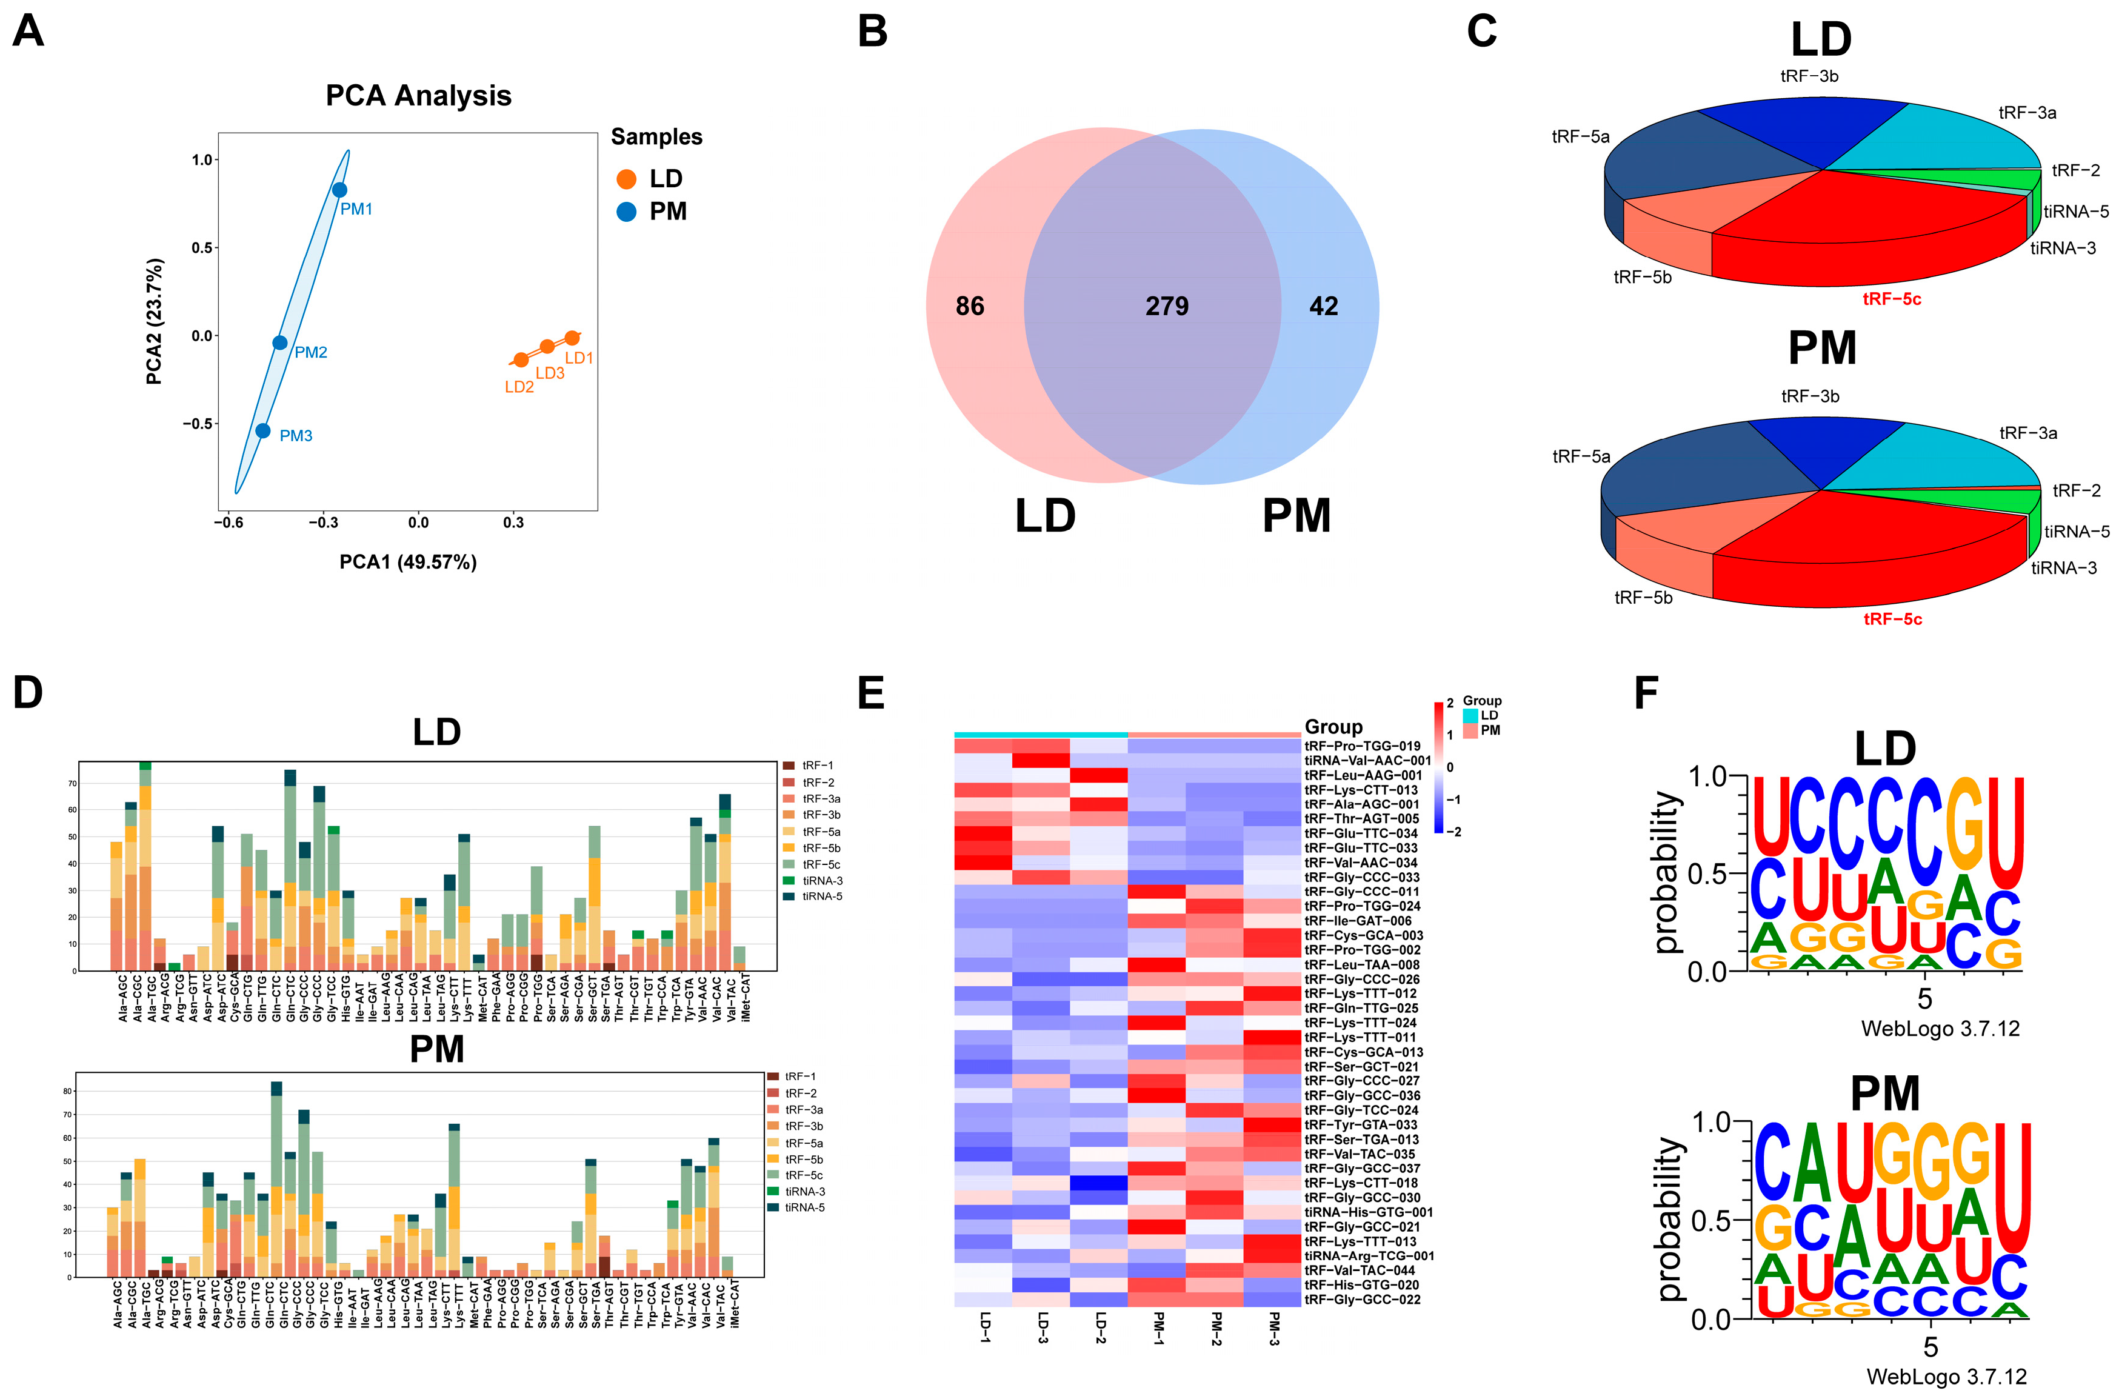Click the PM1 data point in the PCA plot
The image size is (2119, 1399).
point(339,190)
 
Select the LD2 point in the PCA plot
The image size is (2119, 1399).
point(521,359)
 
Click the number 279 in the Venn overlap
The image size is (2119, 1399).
point(1167,307)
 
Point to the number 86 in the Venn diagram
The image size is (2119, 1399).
point(970,307)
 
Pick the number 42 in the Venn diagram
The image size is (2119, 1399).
point(1323,307)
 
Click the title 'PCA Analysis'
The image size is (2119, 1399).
point(418,95)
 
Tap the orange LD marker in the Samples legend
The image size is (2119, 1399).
point(626,179)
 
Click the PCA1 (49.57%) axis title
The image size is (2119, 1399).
point(408,562)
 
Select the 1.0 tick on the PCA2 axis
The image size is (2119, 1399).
point(202,159)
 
